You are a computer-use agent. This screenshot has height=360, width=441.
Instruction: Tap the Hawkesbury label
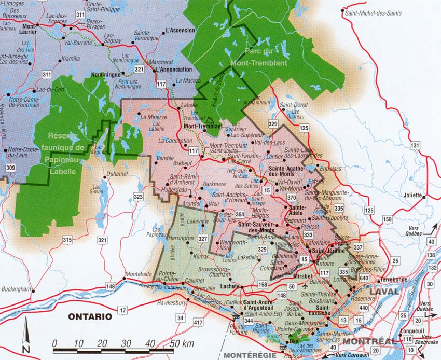click(163, 302)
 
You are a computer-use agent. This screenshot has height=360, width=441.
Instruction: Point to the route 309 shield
click(10, 168)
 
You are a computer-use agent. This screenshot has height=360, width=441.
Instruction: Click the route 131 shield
click(415, 146)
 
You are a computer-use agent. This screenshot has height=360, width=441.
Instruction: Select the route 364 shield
click(240, 214)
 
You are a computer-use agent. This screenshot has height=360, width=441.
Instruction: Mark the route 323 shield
click(138, 197)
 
